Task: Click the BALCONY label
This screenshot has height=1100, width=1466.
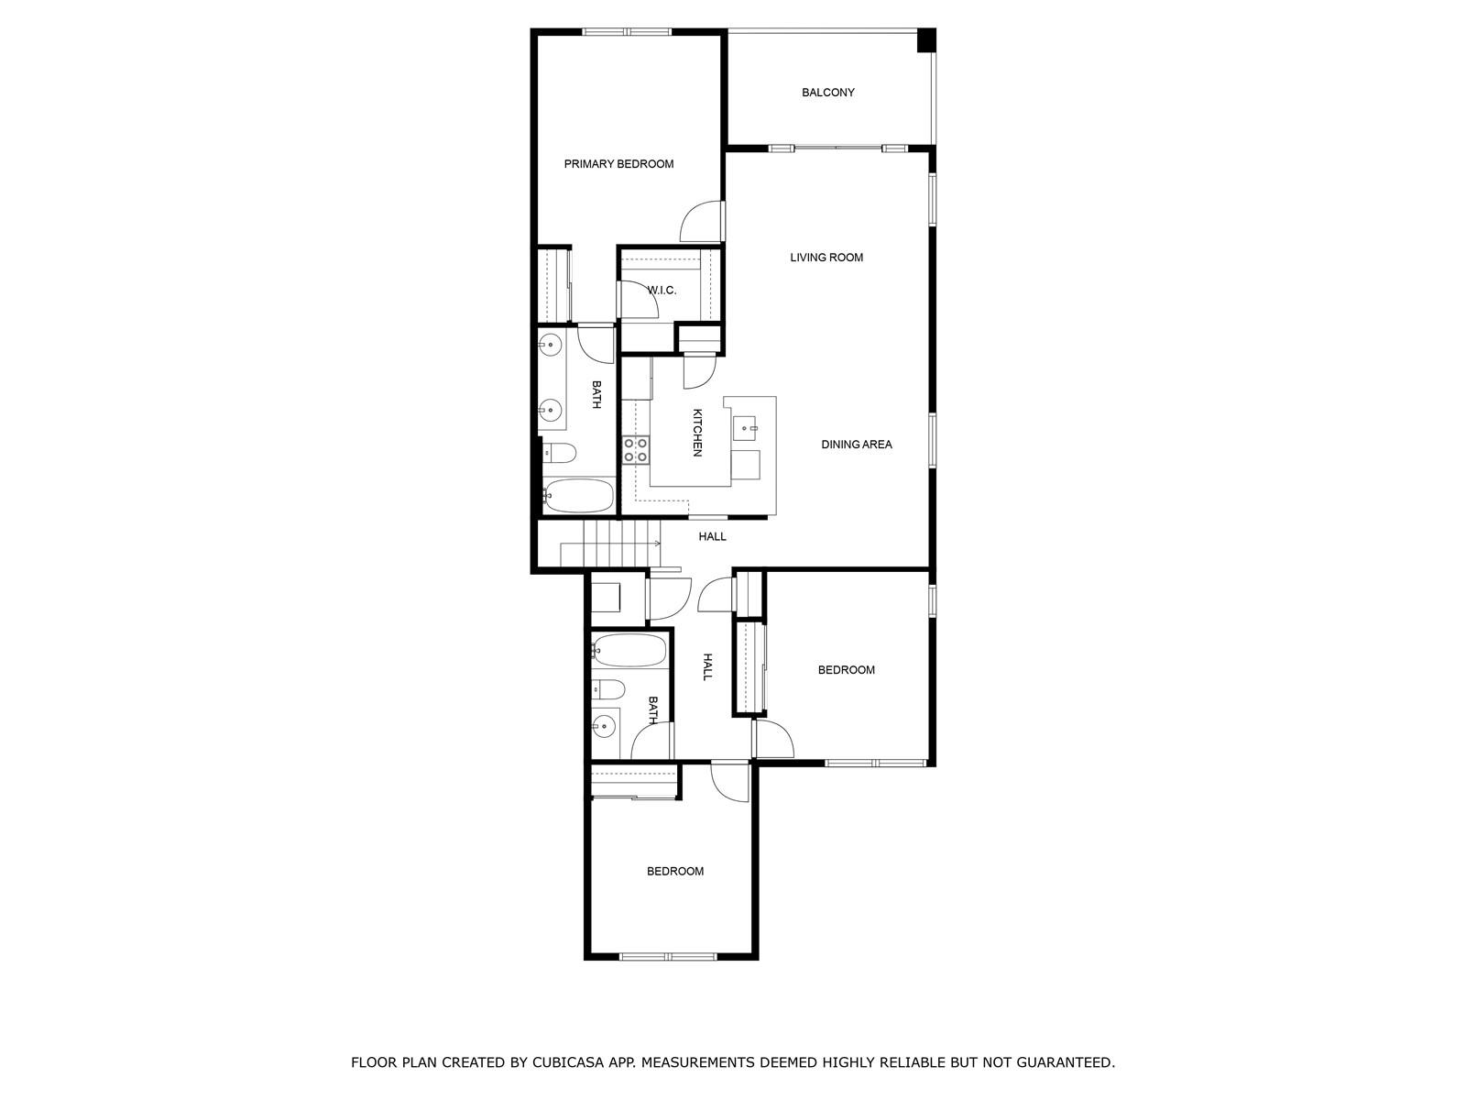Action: (827, 93)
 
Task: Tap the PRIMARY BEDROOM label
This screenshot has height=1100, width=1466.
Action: (618, 164)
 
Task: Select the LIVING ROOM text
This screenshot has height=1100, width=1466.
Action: (826, 258)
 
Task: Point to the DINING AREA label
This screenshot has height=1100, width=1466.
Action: (856, 445)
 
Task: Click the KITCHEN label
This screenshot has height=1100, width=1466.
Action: (697, 432)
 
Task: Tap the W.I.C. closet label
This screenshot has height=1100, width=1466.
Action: (662, 291)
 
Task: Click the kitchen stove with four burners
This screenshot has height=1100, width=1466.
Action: (636, 449)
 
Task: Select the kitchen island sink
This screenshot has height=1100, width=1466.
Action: (746, 427)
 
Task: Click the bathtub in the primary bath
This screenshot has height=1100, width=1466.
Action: (578, 495)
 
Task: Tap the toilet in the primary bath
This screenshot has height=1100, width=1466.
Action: (558, 454)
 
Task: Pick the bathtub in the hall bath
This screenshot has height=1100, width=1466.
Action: (629, 651)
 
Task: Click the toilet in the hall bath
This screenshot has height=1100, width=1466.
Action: (607, 687)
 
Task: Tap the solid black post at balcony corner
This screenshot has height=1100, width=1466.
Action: (925, 39)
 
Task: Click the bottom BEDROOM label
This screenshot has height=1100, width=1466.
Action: (674, 871)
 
